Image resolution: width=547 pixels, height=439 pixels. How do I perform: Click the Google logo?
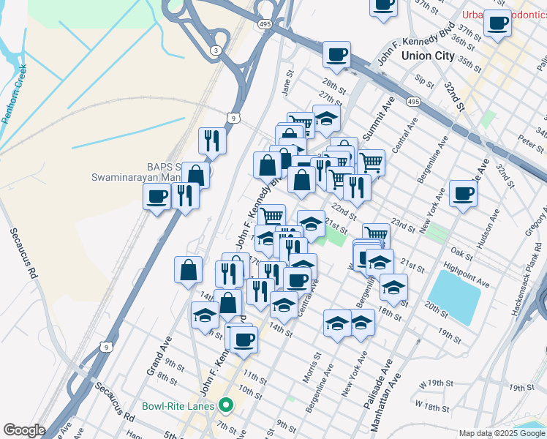(24, 430)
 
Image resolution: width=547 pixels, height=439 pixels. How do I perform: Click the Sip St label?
(423, 79)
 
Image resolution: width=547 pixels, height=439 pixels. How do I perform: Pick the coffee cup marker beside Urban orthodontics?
(499, 23)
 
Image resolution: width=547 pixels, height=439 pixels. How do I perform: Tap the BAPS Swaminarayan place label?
(135, 171)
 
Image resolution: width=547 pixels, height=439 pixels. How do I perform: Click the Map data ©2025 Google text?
(502, 433)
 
